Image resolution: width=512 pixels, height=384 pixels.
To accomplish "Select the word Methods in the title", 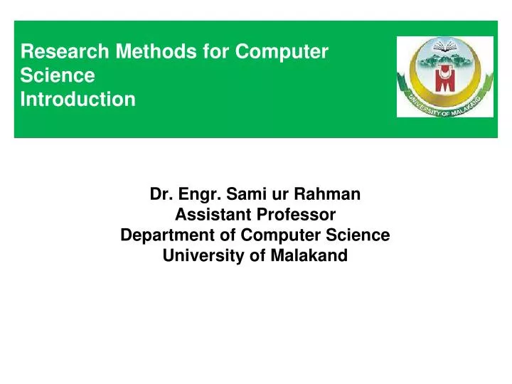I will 131,51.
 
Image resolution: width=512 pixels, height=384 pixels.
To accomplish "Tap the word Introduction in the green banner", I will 78,100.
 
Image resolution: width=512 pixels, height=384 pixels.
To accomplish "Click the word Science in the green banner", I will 57,75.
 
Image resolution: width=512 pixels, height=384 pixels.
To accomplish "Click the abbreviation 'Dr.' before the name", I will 159,193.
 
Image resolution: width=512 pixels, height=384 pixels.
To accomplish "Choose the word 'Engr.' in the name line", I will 197,193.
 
